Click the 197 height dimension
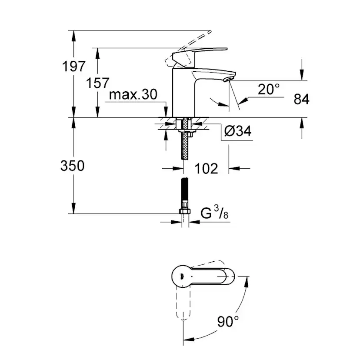73,67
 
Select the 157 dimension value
97,83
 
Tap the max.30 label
133,95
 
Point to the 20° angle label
268,90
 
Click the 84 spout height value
301,99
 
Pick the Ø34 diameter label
238,131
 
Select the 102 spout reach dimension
206,168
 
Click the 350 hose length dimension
73,166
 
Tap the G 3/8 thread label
214,213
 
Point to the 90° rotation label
228,322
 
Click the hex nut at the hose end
185,212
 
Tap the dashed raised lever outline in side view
191,43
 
